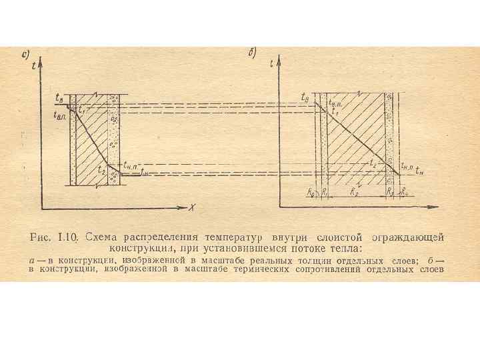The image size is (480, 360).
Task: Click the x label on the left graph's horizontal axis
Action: tap(191, 208)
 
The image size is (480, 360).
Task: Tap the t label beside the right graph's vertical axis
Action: tap(273, 64)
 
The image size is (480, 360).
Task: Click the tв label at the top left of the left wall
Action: tap(59, 99)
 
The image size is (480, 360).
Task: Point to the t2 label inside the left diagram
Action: tap(101, 170)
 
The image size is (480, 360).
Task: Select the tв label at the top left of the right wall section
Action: tap(305, 99)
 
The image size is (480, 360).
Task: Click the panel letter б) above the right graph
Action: tap(253, 53)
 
